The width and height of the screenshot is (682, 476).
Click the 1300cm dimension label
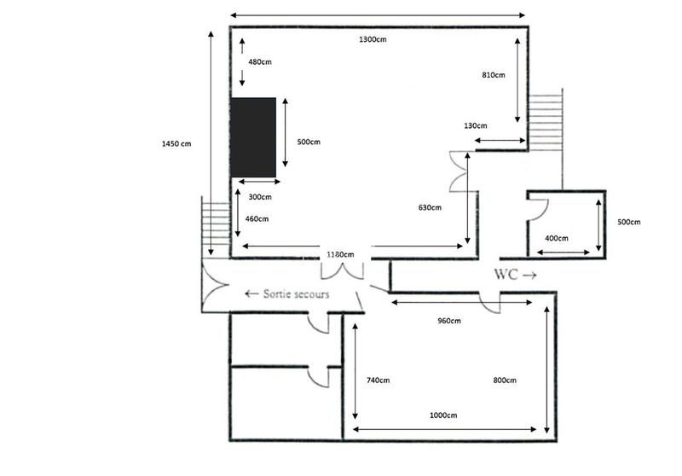373,39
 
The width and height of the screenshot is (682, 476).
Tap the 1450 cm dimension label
176,144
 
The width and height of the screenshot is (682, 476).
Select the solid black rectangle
253,137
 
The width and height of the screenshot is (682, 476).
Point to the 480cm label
260,62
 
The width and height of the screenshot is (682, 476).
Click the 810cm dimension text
494,75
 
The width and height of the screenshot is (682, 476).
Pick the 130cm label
476,126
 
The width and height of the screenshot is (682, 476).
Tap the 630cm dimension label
430,208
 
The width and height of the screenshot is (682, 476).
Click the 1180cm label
340,254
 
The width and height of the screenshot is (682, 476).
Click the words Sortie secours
296,294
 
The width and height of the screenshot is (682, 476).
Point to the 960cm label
449,321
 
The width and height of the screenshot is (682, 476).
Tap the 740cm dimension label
378,380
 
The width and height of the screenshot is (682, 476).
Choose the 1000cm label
443,415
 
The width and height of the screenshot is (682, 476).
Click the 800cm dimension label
505,380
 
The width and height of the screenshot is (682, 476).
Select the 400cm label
557,239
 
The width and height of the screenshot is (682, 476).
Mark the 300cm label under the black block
260,197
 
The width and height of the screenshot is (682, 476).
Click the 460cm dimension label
257,219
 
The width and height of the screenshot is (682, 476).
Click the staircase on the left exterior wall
216,227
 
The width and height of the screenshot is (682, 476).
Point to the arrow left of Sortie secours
251,293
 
